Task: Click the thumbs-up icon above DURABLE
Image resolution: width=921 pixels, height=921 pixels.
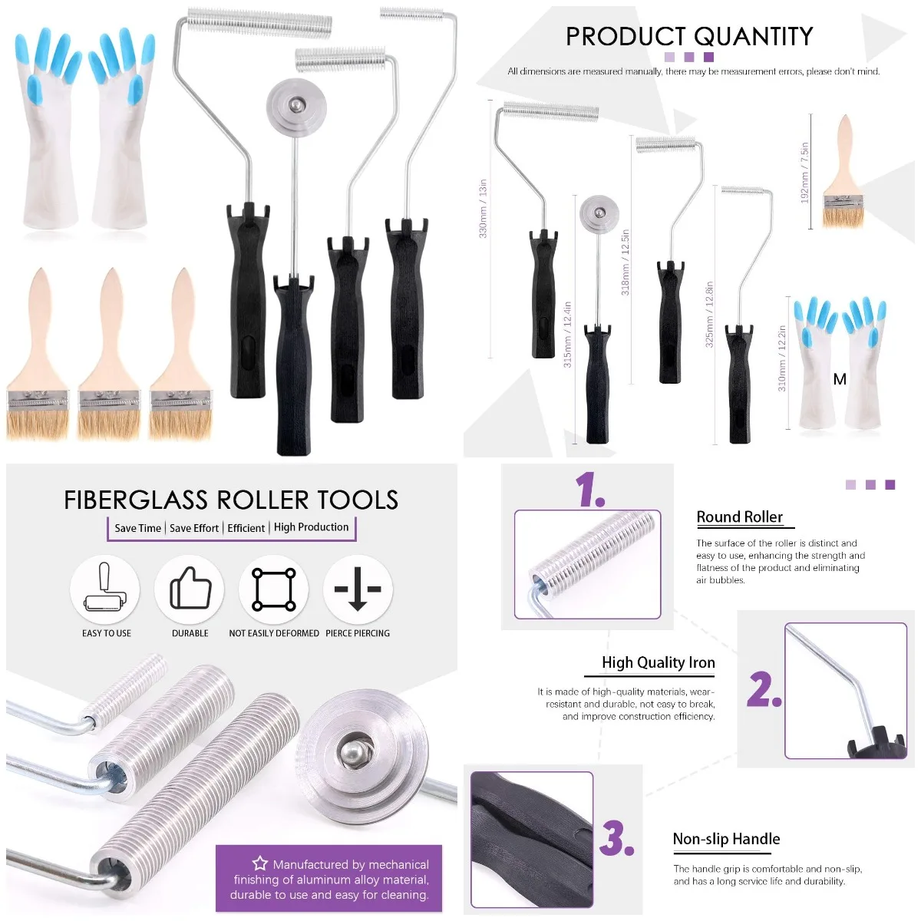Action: pos(190,589)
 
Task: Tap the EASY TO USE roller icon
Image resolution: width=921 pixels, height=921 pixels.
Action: pos(105,589)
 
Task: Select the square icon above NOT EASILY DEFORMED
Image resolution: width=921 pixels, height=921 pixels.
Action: pos(274,589)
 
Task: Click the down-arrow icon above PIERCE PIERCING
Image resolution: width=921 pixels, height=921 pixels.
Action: pos(358,589)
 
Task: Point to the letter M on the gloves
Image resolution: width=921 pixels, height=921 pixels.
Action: pos(840,379)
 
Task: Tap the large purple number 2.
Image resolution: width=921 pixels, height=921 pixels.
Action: pos(764,688)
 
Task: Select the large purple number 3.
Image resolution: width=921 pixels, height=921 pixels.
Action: pos(617,838)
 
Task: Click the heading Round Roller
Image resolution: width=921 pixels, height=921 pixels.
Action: pos(739,517)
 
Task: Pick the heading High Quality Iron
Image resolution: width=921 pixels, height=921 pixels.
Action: pos(658,662)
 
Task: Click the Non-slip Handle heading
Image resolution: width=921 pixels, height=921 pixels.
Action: pos(726,839)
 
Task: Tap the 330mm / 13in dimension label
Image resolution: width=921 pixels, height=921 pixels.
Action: pos(484,209)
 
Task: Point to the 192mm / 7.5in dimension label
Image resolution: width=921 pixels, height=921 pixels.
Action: pos(805,172)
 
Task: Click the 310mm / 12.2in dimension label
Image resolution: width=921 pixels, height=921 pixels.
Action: pos(782,358)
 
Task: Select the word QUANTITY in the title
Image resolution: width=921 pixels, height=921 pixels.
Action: pos(751,37)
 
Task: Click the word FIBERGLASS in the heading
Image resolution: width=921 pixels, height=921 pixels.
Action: pos(136,500)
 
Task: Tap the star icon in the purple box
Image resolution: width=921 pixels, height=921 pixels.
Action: pos(260,863)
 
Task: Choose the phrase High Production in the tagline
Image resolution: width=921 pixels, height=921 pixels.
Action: pos(311,527)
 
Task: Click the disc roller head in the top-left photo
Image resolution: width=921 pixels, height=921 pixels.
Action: pos(292,105)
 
